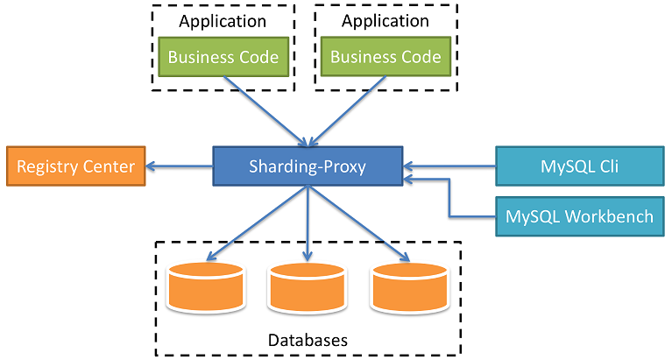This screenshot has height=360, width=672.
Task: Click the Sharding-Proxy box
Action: coord(307,166)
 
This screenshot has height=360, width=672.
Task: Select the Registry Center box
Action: coord(76,166)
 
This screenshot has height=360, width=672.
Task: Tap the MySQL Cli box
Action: coord(580,166)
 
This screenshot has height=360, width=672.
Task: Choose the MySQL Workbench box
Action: coord(580,215)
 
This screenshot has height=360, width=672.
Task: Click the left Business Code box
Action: coord(223,58)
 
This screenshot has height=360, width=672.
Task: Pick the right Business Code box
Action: coord(386,58)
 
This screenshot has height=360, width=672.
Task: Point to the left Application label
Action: coord(223,21)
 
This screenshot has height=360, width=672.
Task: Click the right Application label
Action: coord(386,21)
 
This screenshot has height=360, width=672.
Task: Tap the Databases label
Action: coord(308,339)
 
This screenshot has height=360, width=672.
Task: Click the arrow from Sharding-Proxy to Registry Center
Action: coord(180,166)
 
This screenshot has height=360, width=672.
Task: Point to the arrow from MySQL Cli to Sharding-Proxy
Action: coord(449,164)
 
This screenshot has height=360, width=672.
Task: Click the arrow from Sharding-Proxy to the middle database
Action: coord(307,223)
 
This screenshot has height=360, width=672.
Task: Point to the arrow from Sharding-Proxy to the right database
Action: coord(357,223)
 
